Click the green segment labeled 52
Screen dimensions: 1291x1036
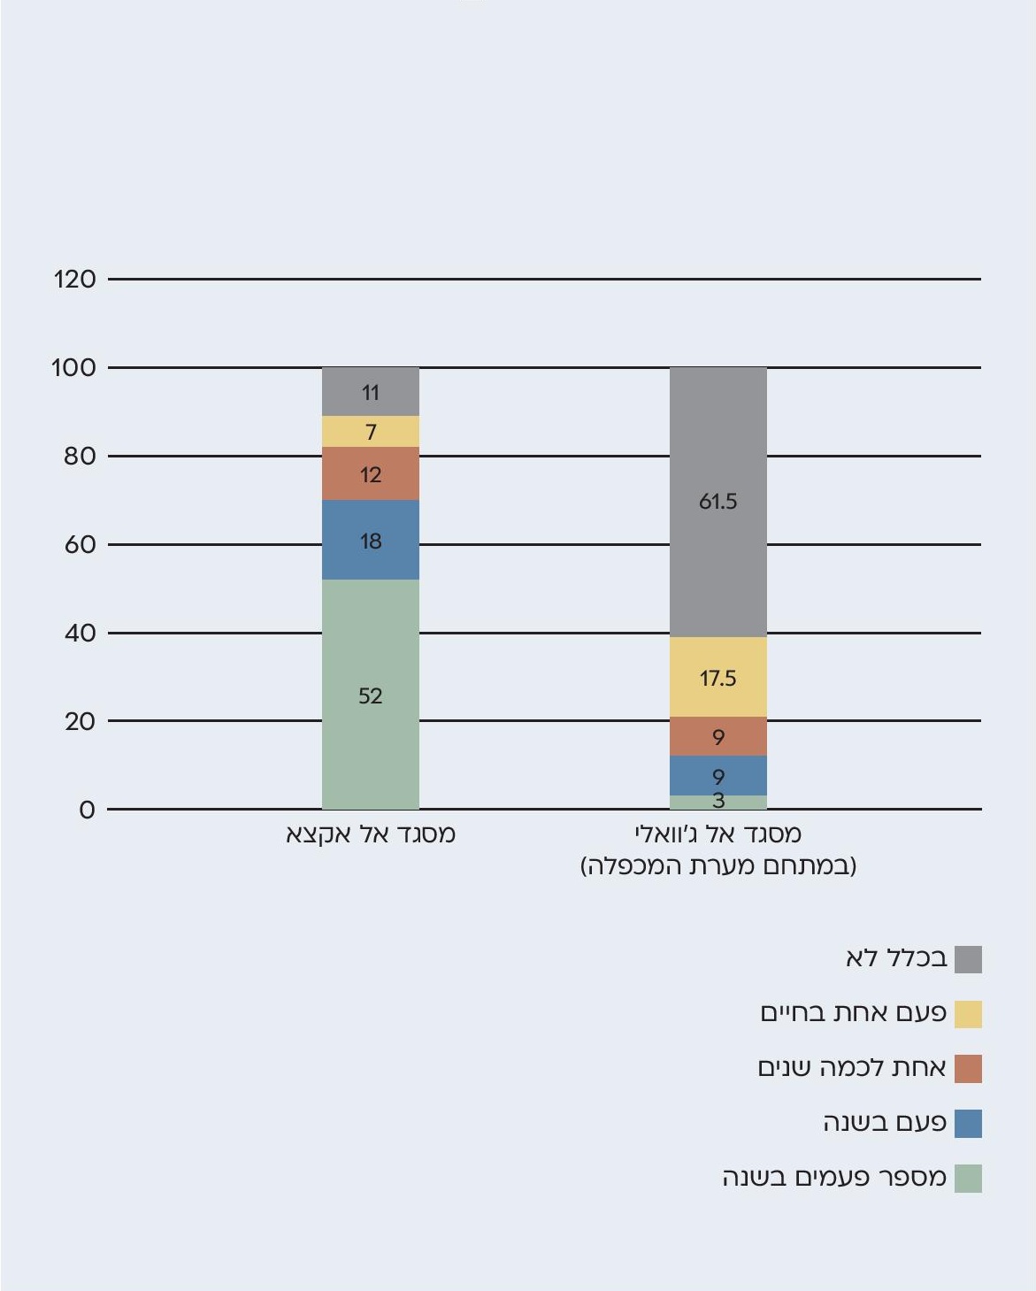click(370, 694)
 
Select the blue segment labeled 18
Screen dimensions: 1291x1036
click(370, 540)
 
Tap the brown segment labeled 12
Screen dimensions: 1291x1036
click(370, 473)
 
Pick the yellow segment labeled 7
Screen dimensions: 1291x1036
click(370, 432)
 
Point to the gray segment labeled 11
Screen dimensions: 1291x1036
click(370, 391)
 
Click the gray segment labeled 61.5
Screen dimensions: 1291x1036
click(718, 502)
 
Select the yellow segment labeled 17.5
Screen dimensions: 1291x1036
click(718, 677)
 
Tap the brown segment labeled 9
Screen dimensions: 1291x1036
click(718, 736)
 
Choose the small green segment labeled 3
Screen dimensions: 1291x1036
click(718, 802)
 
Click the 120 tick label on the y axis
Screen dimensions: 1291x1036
click(74, 280)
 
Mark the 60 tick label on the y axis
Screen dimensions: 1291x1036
click(80, 544)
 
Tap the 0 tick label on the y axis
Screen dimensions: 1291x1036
click(87, 810)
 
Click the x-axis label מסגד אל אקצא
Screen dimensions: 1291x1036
click(370, 834)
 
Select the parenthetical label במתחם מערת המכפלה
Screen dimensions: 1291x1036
click(718, 865)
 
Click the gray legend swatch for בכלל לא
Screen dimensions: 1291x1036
click(968, 959)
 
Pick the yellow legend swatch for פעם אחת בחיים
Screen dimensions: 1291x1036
click(968, 1014)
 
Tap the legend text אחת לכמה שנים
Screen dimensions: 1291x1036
click(852, 1068)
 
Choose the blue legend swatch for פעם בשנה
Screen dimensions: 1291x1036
click(968, 1124)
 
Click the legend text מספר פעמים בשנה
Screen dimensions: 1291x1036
click(834, 1178)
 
